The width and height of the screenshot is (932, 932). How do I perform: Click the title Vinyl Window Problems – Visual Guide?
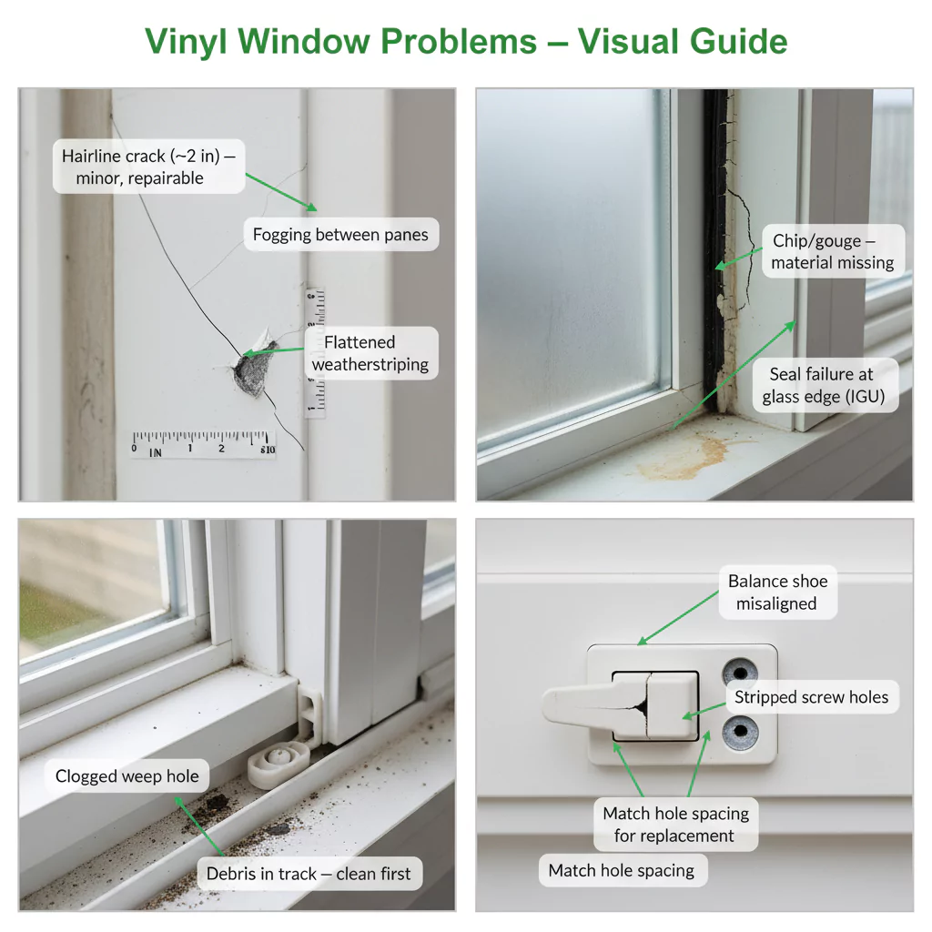coord(466,42)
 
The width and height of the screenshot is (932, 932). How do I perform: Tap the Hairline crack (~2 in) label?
coord(148,167)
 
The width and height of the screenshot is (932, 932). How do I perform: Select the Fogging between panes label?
coord(340,234)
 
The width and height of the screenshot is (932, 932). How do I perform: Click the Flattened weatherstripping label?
coord(371,353)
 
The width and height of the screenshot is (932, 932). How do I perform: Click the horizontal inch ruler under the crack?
coord(203,444)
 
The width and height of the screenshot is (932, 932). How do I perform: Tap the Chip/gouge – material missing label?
coord(833,251)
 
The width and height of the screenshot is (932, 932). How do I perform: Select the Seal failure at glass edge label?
coord(825,385)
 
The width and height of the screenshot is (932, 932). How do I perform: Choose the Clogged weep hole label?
coord(127,775)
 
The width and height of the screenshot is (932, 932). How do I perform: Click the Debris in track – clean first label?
coord(309,873)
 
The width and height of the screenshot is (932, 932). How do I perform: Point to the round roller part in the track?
coord(279,764)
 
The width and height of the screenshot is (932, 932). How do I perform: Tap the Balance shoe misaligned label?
coord(777,592)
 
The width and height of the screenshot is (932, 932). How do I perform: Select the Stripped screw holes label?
coord(812,696)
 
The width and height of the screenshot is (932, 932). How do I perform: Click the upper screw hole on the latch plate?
coord(740,674)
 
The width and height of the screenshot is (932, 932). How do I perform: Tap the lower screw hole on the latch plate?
coord(740,731)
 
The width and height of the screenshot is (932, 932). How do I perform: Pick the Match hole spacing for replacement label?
coord(676,824)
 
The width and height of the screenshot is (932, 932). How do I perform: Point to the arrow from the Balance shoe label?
coord(678,618)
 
